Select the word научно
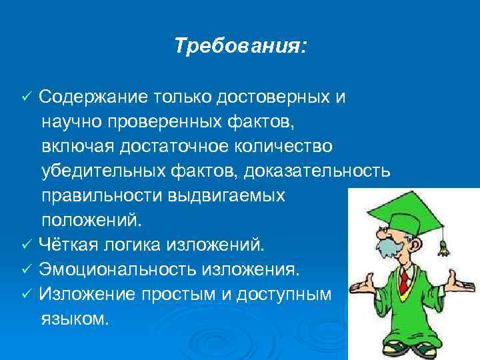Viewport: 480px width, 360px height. click(x=71, y=122)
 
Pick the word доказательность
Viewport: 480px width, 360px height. click(x=317, y=171)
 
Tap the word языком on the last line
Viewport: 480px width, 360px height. click(x=73, y=318)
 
